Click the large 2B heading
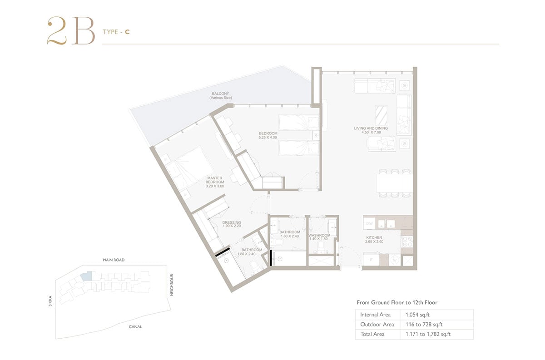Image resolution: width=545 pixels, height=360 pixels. coord(71,31)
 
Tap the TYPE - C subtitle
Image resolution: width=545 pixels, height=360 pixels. coord(116,32)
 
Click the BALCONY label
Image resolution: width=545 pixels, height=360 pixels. coord(220,94)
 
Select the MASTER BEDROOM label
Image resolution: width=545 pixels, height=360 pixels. coord(214,180)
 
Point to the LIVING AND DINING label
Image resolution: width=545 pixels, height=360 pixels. coord(371,128)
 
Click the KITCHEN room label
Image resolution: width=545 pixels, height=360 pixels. coord(374,237)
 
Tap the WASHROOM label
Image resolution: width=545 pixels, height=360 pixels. coord(319,235)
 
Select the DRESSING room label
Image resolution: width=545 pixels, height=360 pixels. coord(232,222)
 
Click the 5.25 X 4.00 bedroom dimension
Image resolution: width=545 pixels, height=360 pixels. coord(268,138)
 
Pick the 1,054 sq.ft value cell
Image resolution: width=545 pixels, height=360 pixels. coord(417,315)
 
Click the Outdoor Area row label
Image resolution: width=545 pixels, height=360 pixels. coord(377,324)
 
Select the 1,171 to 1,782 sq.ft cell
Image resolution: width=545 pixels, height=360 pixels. coord(428,334)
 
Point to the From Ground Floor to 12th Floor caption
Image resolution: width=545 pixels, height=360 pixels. coord(397,302)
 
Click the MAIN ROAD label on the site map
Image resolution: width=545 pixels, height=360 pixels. coord(114,260)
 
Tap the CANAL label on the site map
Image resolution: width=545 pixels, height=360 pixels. coord(135,327)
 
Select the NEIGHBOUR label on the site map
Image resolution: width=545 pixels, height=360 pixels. coord(172,285)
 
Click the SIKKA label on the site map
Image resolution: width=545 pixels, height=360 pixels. coord(50,301)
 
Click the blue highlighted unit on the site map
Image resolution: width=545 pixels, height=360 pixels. coord(87,276)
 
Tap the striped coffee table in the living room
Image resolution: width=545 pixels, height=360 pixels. coord(381,116)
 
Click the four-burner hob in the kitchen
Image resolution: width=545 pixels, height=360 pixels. coord(407,242)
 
